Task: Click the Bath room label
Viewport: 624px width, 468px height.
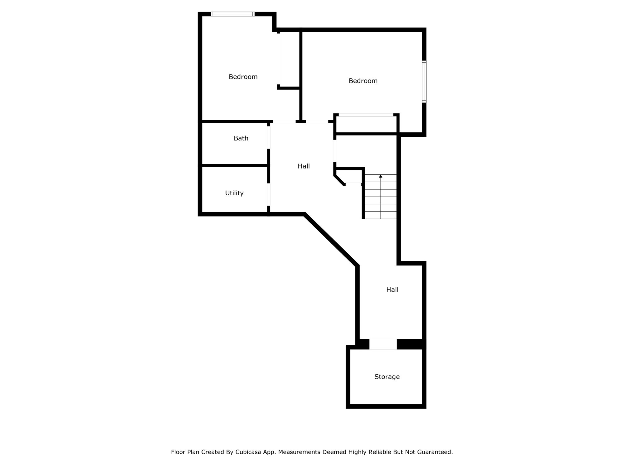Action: (241, 138)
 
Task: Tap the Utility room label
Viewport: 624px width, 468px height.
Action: (234, 193)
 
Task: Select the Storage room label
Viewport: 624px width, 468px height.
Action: (387, 377)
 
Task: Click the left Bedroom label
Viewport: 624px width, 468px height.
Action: (243, 77)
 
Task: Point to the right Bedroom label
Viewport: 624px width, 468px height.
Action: (363, 81)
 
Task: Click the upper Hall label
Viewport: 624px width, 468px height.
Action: (304, 166)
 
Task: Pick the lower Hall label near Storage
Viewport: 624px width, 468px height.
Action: (392, 290)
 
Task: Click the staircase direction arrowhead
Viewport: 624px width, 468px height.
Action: (381, 176)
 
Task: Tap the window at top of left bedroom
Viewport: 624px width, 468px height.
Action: (232, 14)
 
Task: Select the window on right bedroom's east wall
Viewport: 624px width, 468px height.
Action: (424, 81)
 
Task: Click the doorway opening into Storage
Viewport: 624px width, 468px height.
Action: (383, 344)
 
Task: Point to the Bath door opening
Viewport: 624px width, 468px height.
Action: (269, 138)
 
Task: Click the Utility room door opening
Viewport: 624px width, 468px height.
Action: (269, 194)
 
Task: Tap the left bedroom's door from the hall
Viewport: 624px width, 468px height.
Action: (284, 121)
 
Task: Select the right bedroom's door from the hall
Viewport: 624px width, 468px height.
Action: (317, 121)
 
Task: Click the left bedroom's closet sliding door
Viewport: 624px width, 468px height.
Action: (278, 59)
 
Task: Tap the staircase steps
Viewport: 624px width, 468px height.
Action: (381, 197)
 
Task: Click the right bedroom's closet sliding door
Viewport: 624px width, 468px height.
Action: (366, 115)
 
